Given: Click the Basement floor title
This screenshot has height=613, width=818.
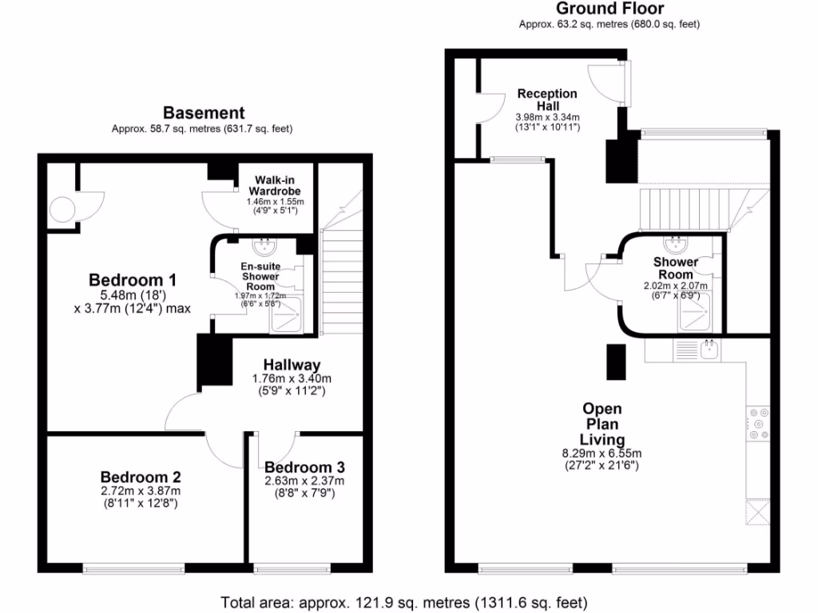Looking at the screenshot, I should (204, 113).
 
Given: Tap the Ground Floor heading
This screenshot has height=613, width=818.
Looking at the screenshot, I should (609, 9).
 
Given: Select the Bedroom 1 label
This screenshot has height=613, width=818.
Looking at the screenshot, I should (132, 280).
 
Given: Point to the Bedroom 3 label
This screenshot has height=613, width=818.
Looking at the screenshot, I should (304, 467).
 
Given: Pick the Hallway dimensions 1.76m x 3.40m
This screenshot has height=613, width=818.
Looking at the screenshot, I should (287, 378).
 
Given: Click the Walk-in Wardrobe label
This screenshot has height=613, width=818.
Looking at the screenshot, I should (276, 185).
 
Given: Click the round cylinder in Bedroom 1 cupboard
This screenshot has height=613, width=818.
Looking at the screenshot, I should (62, 210).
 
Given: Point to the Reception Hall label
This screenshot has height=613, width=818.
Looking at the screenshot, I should (547, 100).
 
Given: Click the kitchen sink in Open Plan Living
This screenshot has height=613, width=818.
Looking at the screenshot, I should (708, 347).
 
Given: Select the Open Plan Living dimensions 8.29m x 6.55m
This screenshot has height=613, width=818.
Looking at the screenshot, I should (602, 453).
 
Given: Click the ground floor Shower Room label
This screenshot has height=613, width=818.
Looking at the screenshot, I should (676, 267).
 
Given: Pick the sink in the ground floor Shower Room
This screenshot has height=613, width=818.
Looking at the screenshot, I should (676, 241).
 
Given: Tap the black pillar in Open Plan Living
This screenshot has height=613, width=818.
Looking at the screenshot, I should (617, 362).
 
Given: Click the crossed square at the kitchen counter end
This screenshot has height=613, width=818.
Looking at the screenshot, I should (757, 512).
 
